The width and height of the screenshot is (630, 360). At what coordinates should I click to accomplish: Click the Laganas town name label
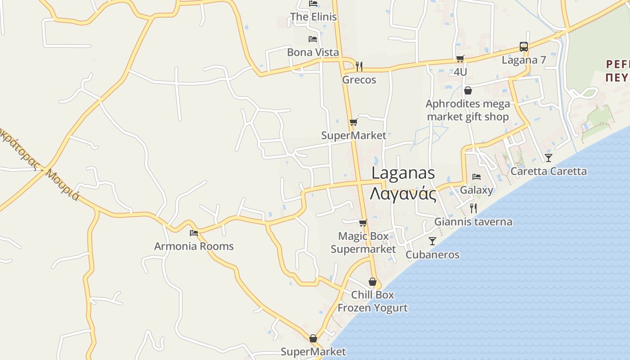[403, 173]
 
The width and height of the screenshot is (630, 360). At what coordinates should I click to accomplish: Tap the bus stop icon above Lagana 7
[523, 46]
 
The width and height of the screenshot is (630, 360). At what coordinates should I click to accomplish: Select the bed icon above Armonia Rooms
[194, 233]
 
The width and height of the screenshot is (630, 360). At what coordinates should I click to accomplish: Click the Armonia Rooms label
[194, 246]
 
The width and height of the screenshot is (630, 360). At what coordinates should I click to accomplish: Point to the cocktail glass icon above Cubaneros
[432, 241]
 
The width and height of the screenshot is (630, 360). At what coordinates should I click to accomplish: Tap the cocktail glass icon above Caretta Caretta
[548, 157]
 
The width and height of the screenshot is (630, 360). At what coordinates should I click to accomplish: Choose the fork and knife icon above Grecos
[359, 66]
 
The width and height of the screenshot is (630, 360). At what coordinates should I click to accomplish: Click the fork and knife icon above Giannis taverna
[473, 208]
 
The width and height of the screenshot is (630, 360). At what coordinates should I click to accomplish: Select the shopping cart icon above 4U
[460, 58]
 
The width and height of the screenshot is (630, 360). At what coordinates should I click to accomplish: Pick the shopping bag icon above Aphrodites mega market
[468, 90]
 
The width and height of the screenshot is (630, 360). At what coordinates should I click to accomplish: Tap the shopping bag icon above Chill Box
[373, 282]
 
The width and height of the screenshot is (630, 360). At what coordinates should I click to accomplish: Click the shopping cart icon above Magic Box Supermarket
[363, 223]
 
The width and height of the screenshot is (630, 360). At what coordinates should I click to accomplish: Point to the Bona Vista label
[313, 52]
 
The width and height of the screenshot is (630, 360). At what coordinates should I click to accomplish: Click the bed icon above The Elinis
[313, 4]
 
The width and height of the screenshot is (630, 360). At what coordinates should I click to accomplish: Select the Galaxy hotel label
[477, 190]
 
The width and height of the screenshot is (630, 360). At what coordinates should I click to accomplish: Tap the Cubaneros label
[432, 255]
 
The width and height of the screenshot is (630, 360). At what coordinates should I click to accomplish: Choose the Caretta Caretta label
[548, 171]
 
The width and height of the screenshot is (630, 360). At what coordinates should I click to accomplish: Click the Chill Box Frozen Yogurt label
[373, 301]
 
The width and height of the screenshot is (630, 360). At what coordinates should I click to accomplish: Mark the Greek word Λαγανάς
[403, 194]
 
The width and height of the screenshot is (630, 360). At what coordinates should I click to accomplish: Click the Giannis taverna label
[473, 221]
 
